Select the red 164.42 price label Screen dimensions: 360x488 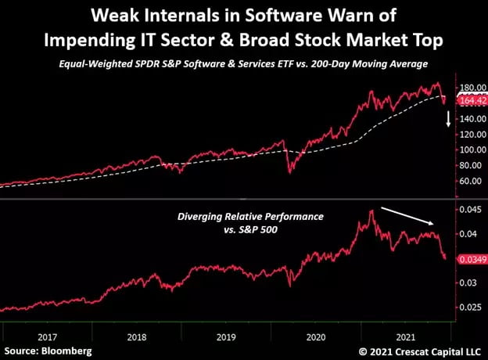pos(467,100)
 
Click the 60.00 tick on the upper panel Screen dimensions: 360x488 pos(468,181)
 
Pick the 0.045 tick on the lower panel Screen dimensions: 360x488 pos(469,209)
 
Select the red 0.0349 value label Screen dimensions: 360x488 pos(468,257)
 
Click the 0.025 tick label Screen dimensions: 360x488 pos(469,308)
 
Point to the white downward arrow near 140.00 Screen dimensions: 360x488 pos(448,120)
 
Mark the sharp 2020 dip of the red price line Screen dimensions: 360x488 pos(292,171)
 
